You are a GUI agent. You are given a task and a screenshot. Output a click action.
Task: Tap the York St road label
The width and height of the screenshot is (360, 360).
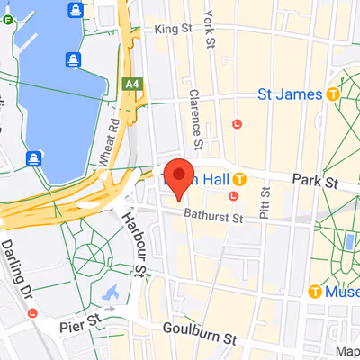click(210, 23)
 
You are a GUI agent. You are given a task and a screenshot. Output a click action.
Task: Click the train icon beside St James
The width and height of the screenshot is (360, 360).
click(334, 93)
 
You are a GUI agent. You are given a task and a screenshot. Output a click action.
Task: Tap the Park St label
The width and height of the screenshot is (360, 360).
click(319, 183)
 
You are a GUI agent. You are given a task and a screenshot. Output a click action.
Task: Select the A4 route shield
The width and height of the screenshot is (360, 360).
click(134, 83)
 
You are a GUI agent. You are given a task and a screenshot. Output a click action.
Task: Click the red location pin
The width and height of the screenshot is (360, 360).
click(178, 176)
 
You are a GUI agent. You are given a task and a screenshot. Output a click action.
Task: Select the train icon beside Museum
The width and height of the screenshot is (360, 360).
click(315, 291)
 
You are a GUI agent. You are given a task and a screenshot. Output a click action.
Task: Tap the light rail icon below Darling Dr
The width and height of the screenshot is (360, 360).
click(32, 312)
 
